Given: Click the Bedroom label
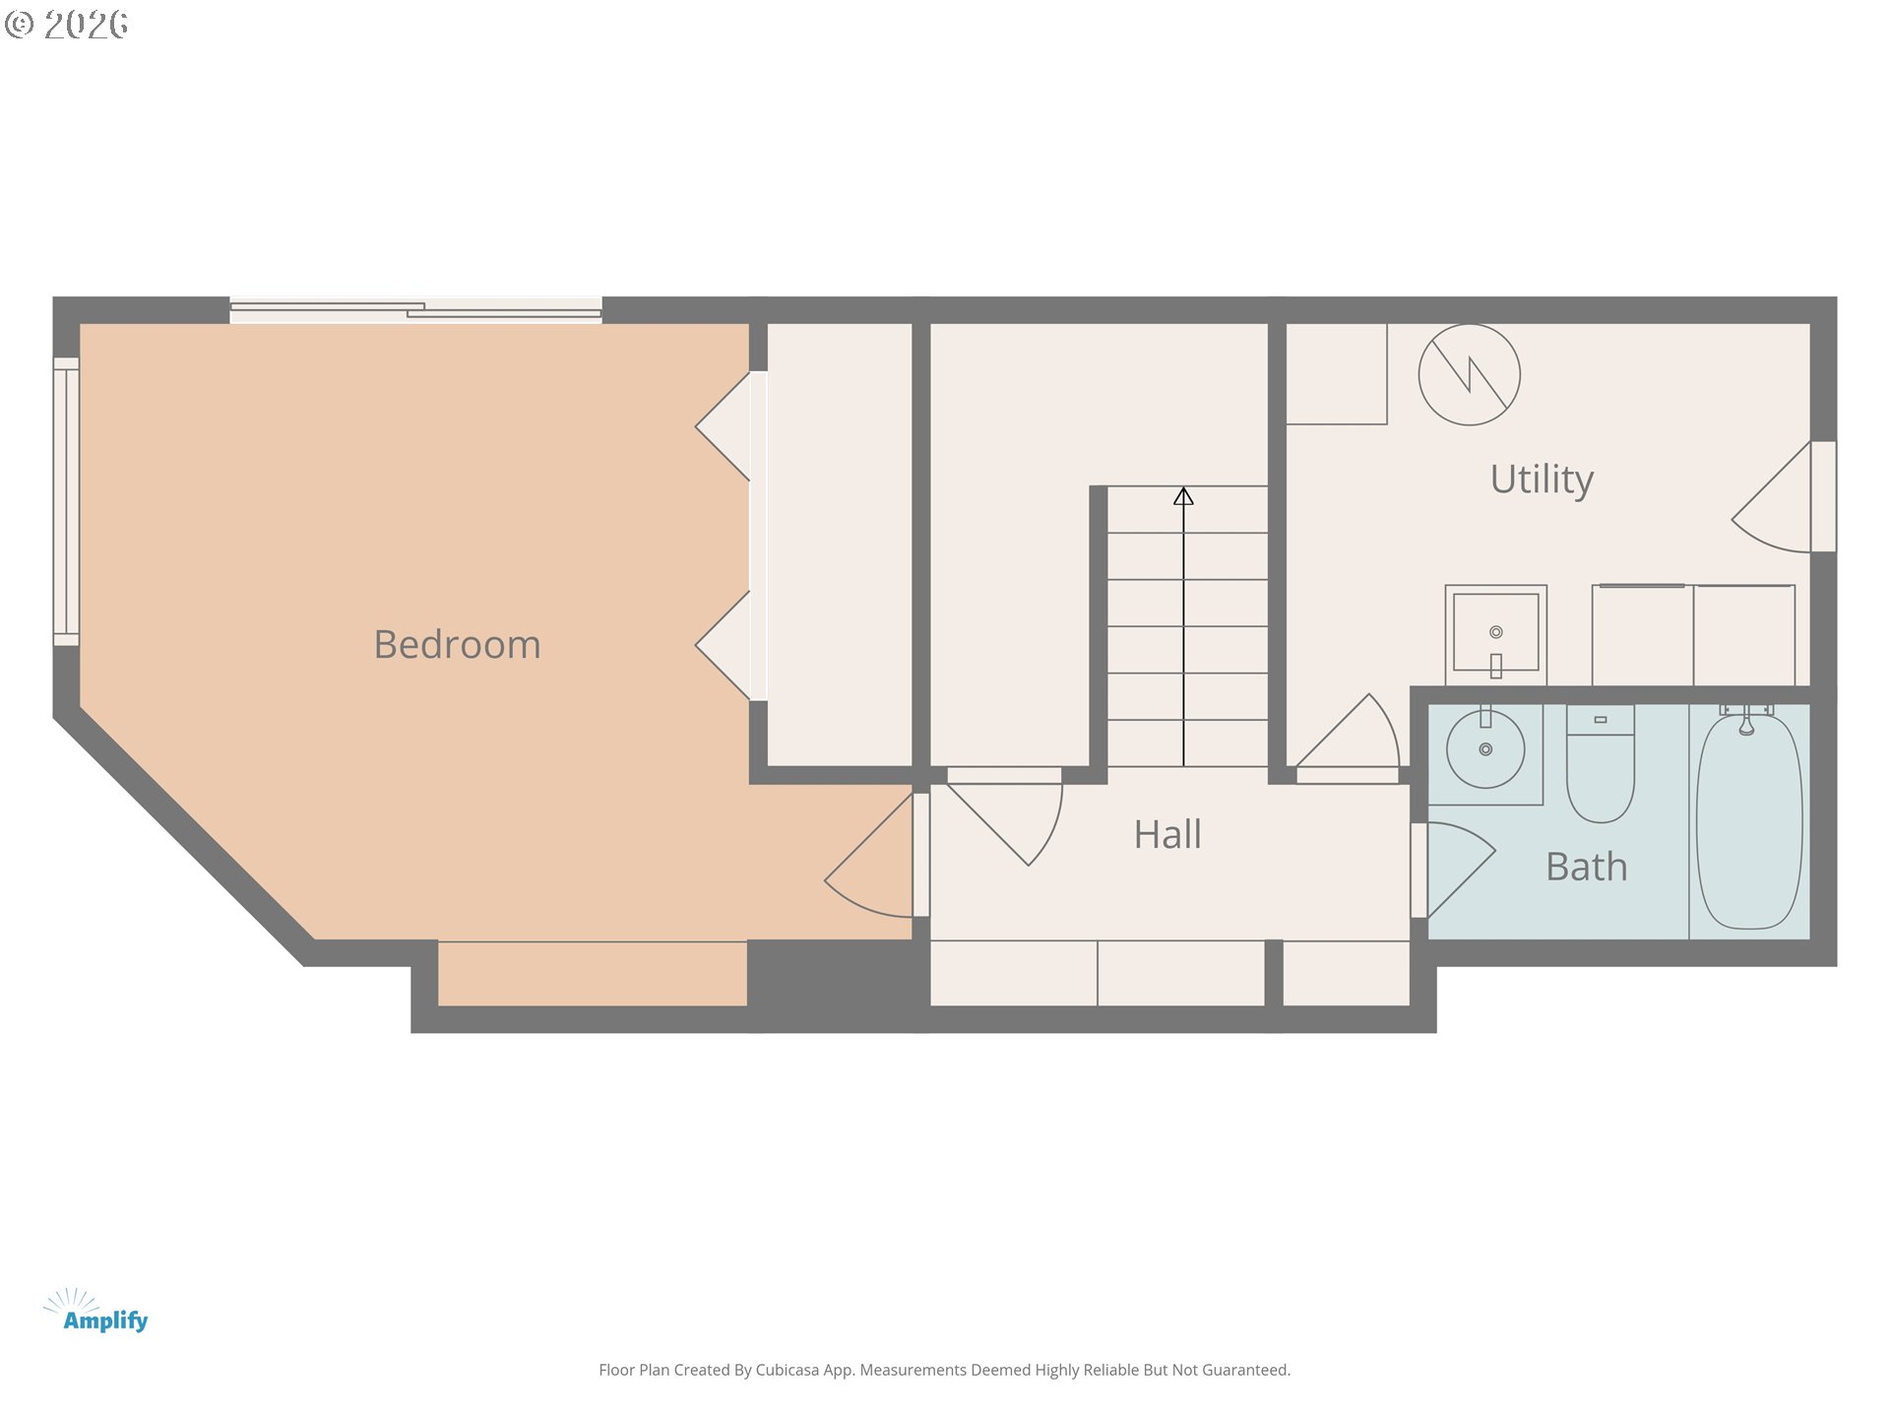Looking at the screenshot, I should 457,644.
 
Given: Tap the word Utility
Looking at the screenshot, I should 1541,479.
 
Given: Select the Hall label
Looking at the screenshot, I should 1166,834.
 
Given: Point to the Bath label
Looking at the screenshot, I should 1586,867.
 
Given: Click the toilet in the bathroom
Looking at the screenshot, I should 1600,768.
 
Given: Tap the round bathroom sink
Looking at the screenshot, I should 1485,749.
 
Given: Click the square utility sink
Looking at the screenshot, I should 1495,633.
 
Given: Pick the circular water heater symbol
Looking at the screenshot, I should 1469,375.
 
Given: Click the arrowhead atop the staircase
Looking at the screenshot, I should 1183,497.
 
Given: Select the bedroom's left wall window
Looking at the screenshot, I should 66,502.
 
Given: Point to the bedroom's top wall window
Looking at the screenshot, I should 415,311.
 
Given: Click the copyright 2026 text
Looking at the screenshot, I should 67,25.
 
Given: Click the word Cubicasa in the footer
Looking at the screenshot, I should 787,1370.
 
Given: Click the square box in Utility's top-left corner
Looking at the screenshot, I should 1336,374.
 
